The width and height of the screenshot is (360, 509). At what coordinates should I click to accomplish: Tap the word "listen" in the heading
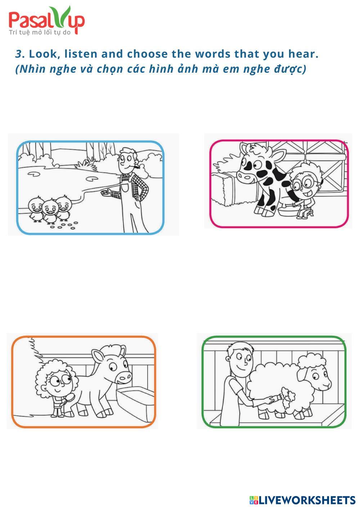pyautogui.click(x=81, y=54)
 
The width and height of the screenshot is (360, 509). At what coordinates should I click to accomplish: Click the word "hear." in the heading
pyautogui.click(x=303, y=54)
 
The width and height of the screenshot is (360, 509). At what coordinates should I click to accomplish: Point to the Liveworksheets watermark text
pyautogui.click(x=302, y=500)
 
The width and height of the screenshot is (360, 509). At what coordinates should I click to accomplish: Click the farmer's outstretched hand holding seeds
pyautogui.click(x=106, y=192)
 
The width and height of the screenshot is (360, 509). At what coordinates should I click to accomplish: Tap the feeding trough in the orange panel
pyautogui.click(x=136, y=401)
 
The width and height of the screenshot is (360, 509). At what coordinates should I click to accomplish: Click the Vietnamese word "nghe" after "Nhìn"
pyautogui.click(x=63, y=69)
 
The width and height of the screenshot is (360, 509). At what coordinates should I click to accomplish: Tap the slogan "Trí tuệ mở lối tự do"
pyautogui.click(x=40, y=32)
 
